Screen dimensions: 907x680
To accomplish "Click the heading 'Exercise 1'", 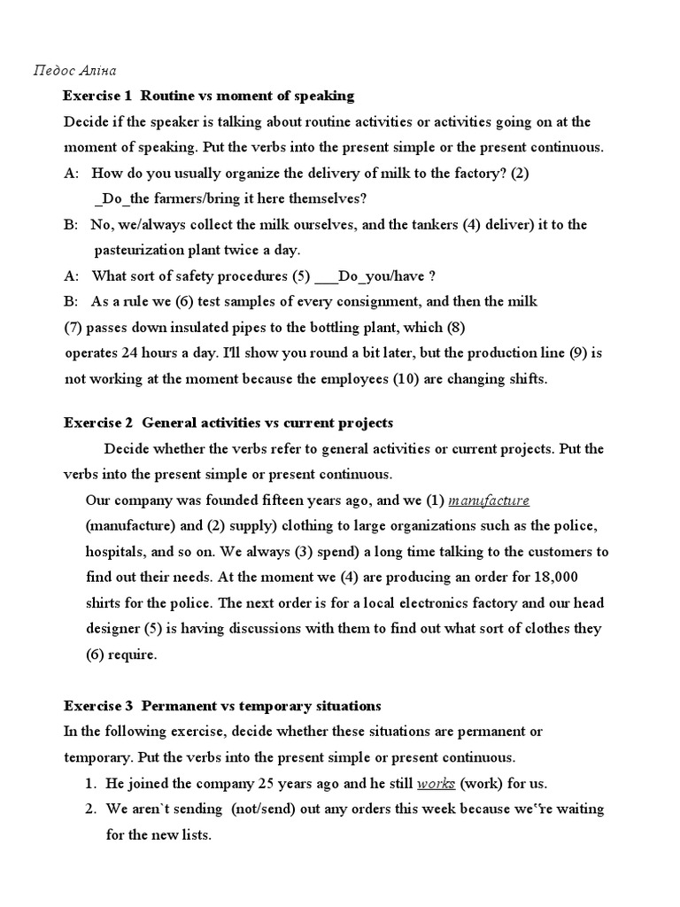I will [x=97, y=96].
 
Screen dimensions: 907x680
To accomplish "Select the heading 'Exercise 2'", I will [x=97, y=422].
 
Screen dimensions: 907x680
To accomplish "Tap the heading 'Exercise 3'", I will [x=97, y=706].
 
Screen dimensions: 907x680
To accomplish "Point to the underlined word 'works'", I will [x=436, y=784].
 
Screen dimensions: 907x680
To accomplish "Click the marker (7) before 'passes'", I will [x=74, y=327].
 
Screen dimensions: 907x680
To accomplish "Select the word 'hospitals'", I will [x=113, y=551].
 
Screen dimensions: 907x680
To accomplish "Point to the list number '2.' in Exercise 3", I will [x=91, y=810].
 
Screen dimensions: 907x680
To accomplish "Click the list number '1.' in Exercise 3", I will [x=91, y=784].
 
